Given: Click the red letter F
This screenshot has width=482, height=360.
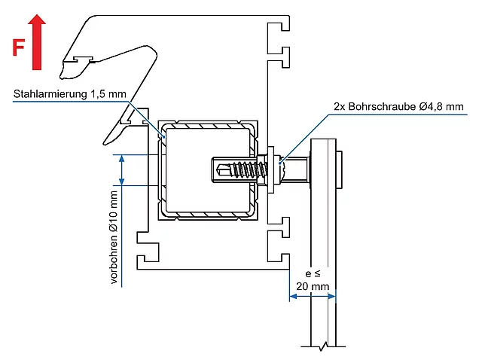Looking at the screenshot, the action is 18,47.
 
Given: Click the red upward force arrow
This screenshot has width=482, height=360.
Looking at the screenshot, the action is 37,42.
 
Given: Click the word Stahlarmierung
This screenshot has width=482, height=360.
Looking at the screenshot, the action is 50,94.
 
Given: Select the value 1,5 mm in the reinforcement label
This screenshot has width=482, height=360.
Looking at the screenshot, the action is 108,94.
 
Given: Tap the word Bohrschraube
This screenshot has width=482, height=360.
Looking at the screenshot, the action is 382,106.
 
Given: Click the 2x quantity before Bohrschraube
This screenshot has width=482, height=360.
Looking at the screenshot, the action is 340,106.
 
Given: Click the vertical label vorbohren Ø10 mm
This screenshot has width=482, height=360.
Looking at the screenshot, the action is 114,237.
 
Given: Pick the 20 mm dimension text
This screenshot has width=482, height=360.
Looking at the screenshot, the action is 313,286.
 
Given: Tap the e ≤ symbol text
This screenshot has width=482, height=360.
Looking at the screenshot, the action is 313,273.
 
